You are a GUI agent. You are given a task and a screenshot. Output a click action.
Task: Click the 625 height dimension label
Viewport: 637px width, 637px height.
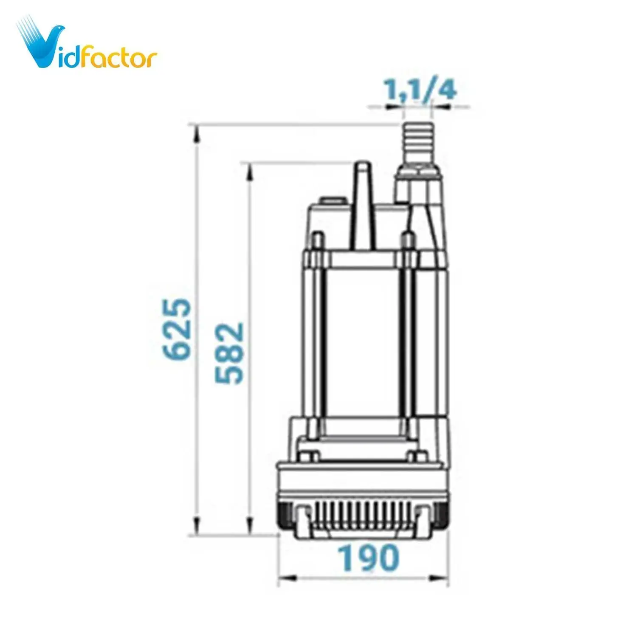[x=177, y=329]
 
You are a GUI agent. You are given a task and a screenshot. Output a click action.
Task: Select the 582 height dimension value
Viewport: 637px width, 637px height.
[x=229, y=353]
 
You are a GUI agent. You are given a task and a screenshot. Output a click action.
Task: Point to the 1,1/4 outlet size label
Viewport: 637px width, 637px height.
[x=420, y=90]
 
